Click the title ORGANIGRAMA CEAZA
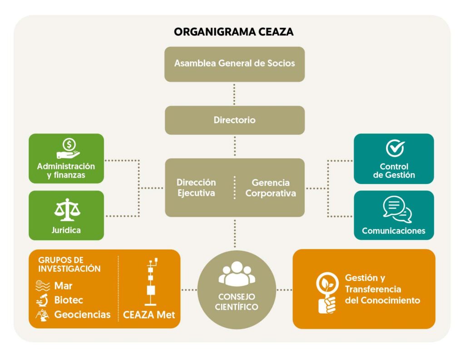[x=234, y=32]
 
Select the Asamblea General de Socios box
[x=234, y=64]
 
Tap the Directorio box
[x=234, y=120]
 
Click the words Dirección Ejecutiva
[x=196, y=188]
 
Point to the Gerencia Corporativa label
[x=271, y=188]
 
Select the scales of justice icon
[x=67, y=210]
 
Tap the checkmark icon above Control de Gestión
[x=394, y=148]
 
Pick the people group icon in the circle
[x=236, y=274]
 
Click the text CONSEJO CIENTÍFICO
[x=236, y=302]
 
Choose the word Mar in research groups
[x=63, y=286]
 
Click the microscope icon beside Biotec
[x=42, y=300]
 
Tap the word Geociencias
[x=82, y=314]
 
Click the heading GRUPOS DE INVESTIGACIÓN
[x=69, y=264]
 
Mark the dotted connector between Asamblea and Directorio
[x=234, y=94]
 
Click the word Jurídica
[x=66, y=230]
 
